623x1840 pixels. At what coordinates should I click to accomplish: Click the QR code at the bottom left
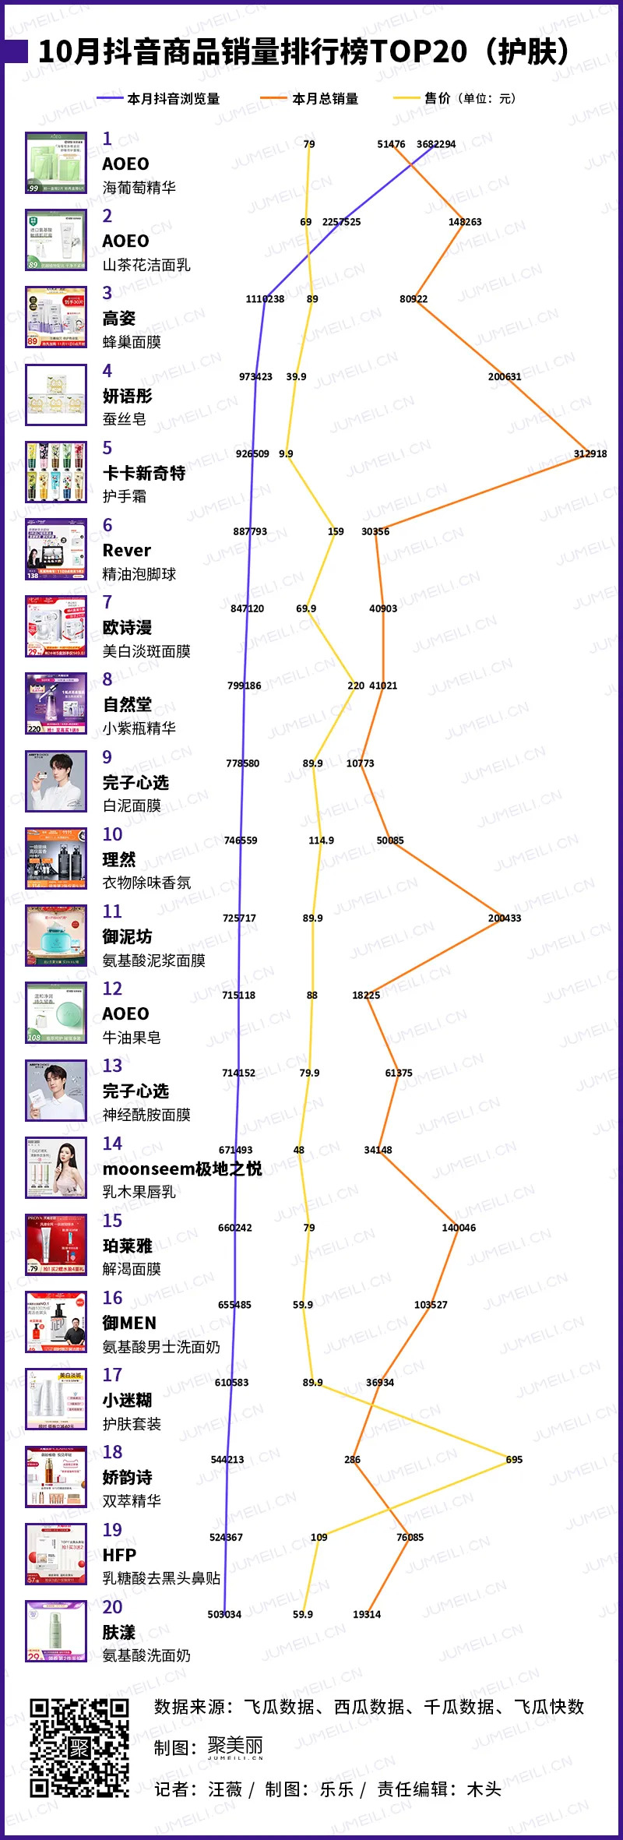pyautogui.click(x=79, y=1747)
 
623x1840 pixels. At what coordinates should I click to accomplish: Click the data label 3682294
pyautogui.click(x=435, y=144)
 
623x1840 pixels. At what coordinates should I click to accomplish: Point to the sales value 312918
pyautogui.click(x=590, y=453)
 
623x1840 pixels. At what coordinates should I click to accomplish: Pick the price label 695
pyautogui.click(x=514, y=1459)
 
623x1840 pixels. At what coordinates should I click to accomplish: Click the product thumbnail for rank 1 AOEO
pyautogui.click(x=56, y=163)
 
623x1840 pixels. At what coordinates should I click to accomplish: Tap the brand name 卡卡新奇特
pyautogui.click(x=144, y=473)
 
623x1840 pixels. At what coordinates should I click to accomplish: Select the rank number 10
pyautogui.click(x=112, y=834)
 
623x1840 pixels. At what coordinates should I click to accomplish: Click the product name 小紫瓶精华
pyautogui.click(x=139, y=728)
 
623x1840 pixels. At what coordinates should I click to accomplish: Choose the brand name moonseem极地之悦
pyautogui.click(x=182, y=1169)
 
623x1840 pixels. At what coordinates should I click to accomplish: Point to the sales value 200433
pyautogui.click(x=504, y=918)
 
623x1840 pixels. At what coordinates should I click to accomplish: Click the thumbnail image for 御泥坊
pyautogui.click(x=56, y=936)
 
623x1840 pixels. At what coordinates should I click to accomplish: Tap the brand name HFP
pyautogui.click(x=119, y=1555)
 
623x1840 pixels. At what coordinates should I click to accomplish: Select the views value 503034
pyautogui.click(x=224, y=1614)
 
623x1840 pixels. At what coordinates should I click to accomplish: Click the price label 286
pyautogui.click(x=352, y=1459)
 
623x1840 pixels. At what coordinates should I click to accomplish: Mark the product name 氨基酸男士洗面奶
pyautogui.click(x=161, y=1347)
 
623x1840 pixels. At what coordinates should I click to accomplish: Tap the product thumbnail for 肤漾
pyautogui.click(x=56, y=1631)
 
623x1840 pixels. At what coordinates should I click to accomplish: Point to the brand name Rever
pyautogui.click(x=127, y=550)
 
